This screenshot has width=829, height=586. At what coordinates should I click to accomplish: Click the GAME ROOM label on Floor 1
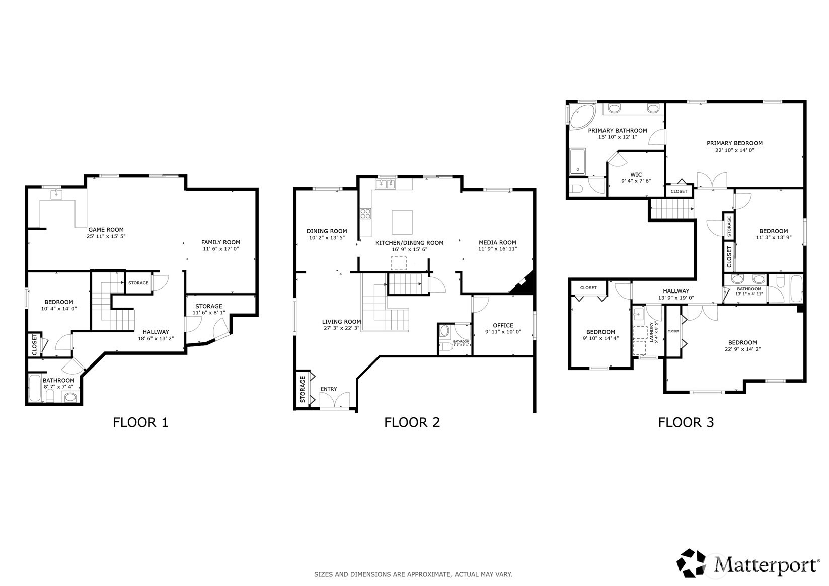[106, 230]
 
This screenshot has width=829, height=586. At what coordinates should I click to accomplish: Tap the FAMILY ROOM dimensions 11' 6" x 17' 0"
[220, 249]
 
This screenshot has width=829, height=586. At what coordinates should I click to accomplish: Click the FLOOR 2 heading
[412, 422]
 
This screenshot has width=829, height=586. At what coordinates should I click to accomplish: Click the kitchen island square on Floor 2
[402, 220]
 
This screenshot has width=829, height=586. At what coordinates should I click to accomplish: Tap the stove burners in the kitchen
[365, 213]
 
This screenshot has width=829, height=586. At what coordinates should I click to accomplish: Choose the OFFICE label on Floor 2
[503, 325]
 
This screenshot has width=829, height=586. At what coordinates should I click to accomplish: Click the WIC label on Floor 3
[636, 175]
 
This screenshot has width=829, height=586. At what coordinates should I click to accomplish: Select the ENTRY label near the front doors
[329, 389]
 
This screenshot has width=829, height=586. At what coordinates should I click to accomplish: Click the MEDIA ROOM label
[497, 242]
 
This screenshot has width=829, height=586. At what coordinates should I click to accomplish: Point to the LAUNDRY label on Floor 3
[651, 332]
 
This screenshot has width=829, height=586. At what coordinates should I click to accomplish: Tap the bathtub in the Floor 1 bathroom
[35, 389]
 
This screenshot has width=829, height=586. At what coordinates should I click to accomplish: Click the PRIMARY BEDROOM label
[734, 143]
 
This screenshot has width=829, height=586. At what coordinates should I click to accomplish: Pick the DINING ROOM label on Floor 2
[327, 231]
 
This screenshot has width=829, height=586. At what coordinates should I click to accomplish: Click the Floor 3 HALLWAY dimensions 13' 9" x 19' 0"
[676, 298]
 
